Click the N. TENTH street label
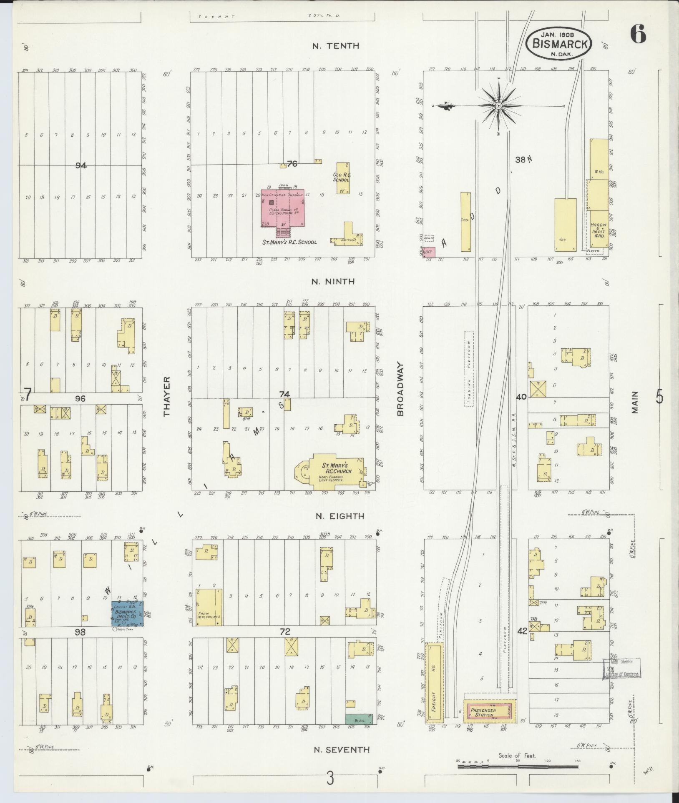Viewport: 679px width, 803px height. coord(336,46)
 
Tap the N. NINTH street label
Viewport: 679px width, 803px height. coord(333,282)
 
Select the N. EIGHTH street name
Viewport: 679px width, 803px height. coord(339,516)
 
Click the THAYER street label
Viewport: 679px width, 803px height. coord(167,396)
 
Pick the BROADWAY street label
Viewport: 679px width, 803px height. coord(401,388)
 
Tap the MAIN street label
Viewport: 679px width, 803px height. coord(634,402)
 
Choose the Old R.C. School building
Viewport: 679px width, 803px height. coord(342,178)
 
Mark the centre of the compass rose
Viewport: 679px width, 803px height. coord(498,106)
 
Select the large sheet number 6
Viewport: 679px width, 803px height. coord(638,34)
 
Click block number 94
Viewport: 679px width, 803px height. coord(81,165)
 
